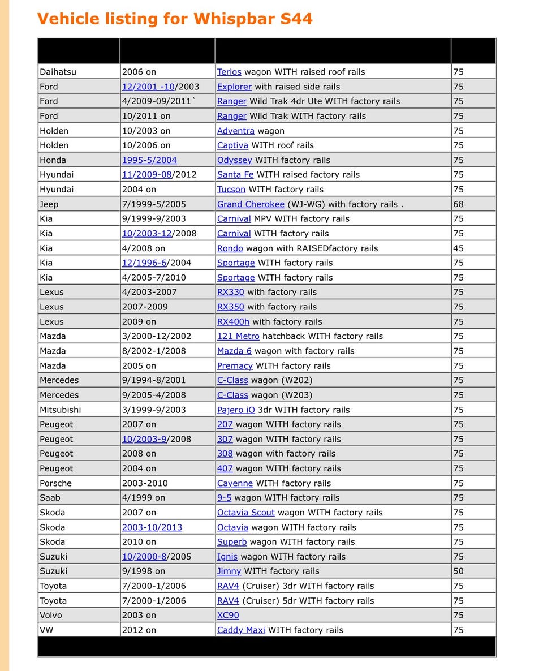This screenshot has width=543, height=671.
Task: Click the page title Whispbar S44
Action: pyautogui.click(x=175, y=19)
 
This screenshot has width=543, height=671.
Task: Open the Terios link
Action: pyautogui.click(x=229, y=72)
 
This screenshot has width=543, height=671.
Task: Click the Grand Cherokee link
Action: pyautogui.click(x=251, y=204)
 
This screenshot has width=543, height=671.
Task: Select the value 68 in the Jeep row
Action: pyautogui.click(x=458, y=204)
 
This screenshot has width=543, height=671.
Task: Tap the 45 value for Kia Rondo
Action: pyautogui.click(x=458, y=248)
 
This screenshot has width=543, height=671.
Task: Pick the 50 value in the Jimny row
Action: pyautogui.click(x=458, y=571)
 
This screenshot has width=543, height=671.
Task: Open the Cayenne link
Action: pyautogui.click(x=235, y=483)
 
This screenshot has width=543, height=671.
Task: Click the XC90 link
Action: pyautogui.click(x=228, y=616)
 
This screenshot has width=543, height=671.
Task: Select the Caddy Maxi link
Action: pyautogui.click(x=241, y=630)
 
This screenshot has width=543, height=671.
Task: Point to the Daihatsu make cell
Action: pyautogui.click(x=58, y=72)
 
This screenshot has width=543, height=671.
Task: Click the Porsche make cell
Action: pyautogui.click(x=56, y=483)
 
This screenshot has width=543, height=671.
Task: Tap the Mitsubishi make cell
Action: pyautogui.click(x=60, y=410)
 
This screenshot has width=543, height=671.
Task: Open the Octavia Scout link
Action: pyautogui.click(x=245, y=513)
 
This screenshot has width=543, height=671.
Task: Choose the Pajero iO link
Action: pyautogui.click(x=236, y=410)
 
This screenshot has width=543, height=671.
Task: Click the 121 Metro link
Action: pyautogui.click(x=238, y=336)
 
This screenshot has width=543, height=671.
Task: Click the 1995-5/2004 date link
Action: pyautogui.click(x=149, y=160)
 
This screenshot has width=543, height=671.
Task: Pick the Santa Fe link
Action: pyautogui.click(x=235, y=175)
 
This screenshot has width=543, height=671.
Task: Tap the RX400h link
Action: pyautogui.click(x=233, y=321)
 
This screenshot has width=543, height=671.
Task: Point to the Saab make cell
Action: pyautogui.click(x=50, y=498)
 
